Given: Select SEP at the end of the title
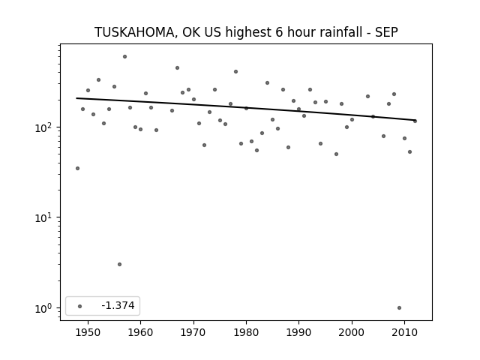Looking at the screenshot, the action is (387, 31).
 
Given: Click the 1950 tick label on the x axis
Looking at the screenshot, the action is (88, 332).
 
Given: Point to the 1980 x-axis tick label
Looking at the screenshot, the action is (247, 332).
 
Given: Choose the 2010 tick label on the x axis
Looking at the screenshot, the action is (405, 332).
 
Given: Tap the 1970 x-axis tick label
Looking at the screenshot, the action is (193, 332).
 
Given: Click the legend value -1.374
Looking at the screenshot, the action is (118, 305).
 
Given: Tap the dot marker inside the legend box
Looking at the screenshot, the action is (80, 306).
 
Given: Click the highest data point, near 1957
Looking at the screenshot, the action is (125, 57).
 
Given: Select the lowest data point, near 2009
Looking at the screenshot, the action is (399, 308).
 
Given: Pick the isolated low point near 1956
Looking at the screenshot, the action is (120, 265).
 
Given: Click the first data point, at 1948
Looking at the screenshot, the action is (77, 168).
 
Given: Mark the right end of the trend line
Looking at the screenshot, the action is (415, 120).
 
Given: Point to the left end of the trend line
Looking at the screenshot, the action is (76, 98).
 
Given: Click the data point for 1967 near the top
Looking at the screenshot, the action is (178, 68).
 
